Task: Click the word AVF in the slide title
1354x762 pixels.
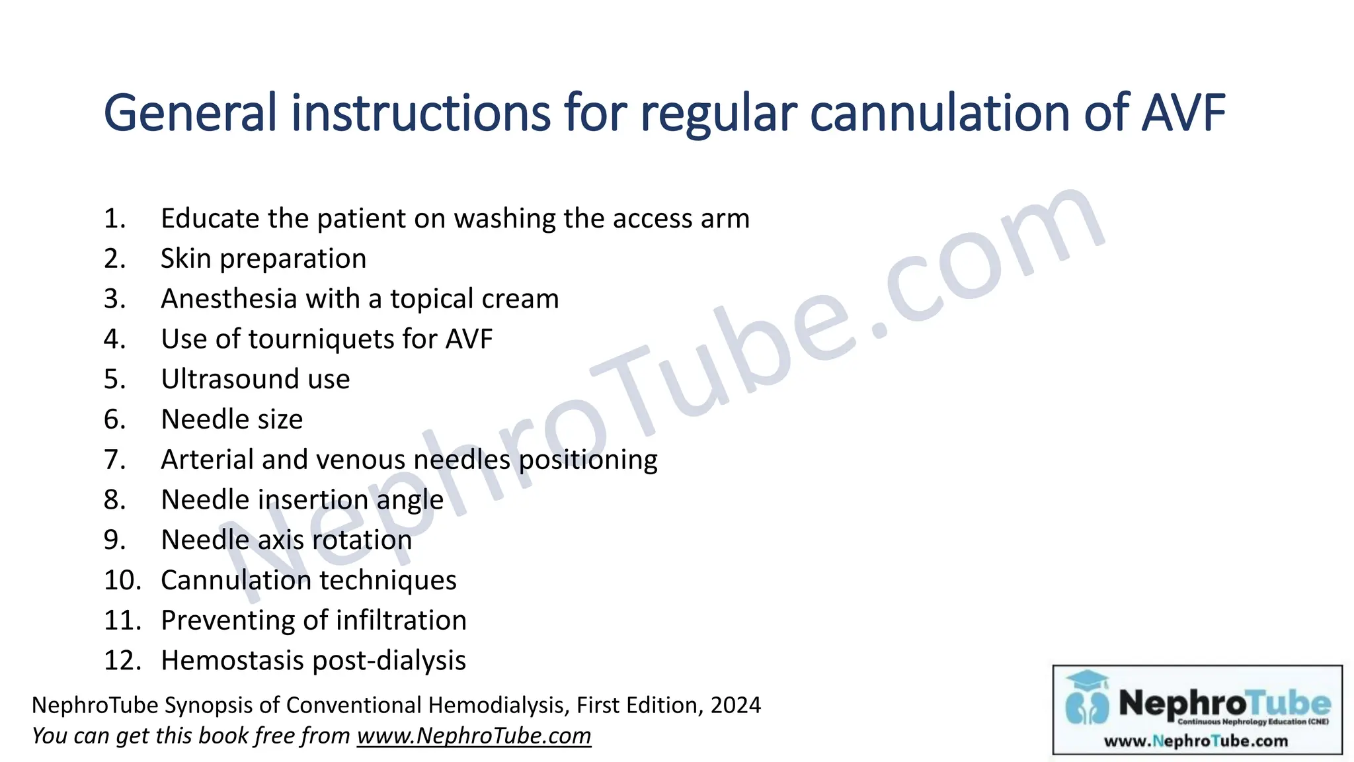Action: pyautogui.click(x=1183, y=113)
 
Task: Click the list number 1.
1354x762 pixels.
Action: pyautogui.click(x=114, y=219)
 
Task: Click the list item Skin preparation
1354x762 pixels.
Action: pyautogui.click(x=263, y=259)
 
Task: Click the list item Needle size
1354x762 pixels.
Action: pyautogui.click(x=232, y=419)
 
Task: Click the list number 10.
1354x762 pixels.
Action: pyautogui.click(x=122, y=581)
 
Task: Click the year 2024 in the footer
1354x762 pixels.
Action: pyautogui.click(x=735, y=705)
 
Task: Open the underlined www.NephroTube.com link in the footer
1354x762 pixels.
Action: pyautogui.click(x=474, y=736)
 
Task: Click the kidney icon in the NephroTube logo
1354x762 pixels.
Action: pyautogui.click(x=1087, y=708)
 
